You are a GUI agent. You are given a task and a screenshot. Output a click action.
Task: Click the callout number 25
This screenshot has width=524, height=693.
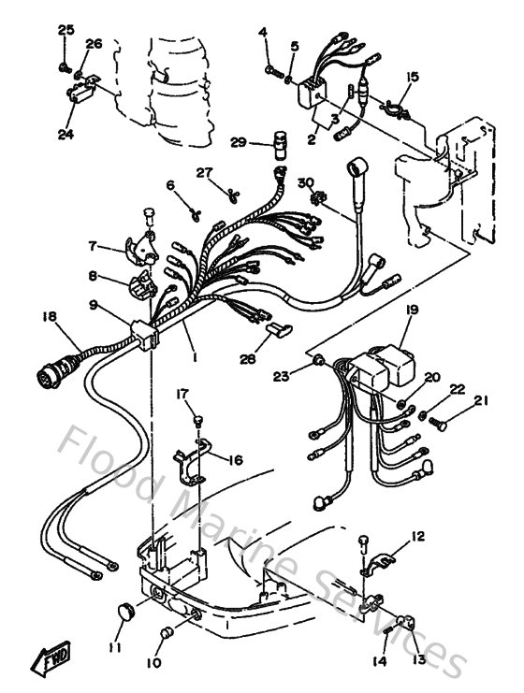click(x=65, y=31)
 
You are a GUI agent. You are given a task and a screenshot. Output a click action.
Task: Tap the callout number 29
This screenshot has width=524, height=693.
click(x=238, y=142)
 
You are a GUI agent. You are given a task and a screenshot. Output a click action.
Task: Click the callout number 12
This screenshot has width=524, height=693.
click(x=416, y=536)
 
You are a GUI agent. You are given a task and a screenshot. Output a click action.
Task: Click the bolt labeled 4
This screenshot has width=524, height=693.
click(x=270, y=67)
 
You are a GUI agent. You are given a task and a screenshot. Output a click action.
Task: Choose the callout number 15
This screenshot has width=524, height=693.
click(x=412, y=77)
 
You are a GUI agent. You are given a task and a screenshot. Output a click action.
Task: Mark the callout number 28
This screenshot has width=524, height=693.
click(x=247, y=358)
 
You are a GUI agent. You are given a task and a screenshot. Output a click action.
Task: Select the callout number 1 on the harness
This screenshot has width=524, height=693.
click(x=194, y=356)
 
